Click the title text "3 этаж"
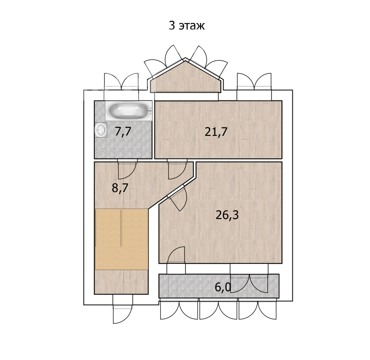coord(186,26)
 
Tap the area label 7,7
coord(122,131)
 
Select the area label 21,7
coord(216,132)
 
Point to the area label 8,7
coord(120,188)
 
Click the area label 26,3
coord(227,215)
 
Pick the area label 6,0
coord(223,287)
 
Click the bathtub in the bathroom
coord(129,111)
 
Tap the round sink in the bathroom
coord(101,130)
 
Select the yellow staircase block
coord(121,239)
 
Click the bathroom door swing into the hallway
coord(127,169)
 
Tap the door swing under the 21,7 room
coord(177,169)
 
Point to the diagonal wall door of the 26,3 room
coord(178,198)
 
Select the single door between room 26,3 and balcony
coord(176,255)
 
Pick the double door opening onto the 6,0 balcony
coord(249,283)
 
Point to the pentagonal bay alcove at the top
coord(186,77)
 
